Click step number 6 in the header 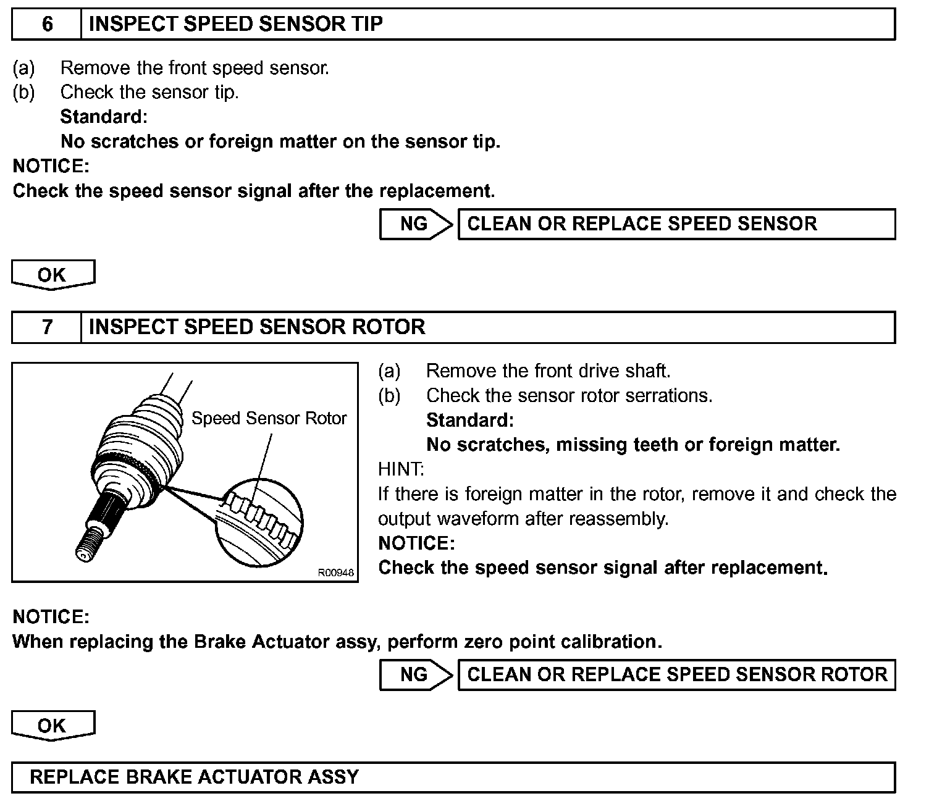point(47,25)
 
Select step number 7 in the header point(47,327)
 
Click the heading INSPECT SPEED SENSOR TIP point(236,25)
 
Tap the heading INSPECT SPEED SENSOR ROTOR point(257,327)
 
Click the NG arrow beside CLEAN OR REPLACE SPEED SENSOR point(415,224)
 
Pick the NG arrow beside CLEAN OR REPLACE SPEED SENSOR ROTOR point(415,675)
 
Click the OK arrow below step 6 point(53,275)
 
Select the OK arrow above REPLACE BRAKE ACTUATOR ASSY point(53,726)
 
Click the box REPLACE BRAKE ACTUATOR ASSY point(453,777)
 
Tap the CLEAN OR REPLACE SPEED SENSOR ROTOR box point(676,675)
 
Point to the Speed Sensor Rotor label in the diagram point(269,419)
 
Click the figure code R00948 point(336,573)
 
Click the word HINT point(401,470)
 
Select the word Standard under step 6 point(104,117)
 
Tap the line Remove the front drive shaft point(548,371)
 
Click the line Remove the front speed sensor point(195,68)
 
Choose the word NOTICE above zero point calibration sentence point(51,617)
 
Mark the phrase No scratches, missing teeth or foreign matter point(633,445)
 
